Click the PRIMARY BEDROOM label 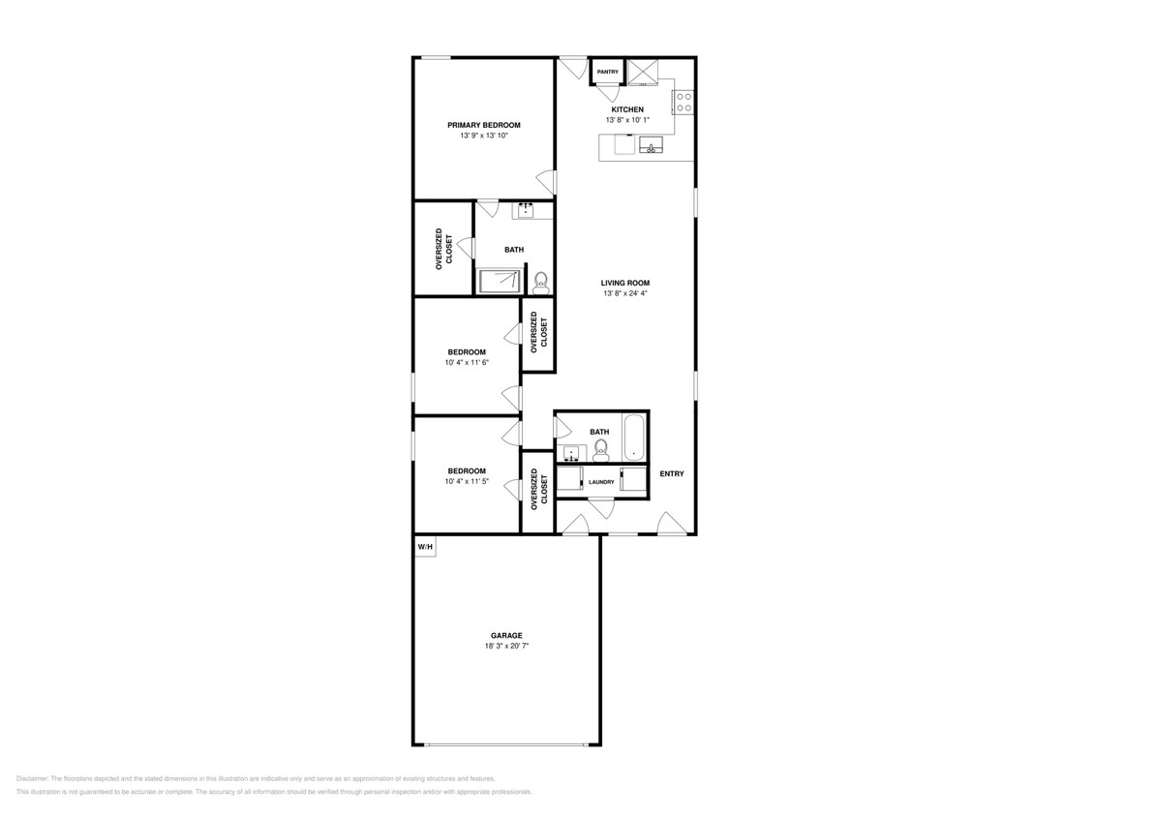483,125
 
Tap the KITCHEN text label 626,109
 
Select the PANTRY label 607,72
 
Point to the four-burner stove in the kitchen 684,102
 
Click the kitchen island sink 651,147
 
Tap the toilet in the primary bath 540,282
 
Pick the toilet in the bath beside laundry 601,448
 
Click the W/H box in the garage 425,548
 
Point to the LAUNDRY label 601,482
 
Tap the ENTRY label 672,473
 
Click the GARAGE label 506,635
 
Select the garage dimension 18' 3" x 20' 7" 506,646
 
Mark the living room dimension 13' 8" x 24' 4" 624,293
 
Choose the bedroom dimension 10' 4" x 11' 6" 467,363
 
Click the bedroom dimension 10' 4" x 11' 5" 467,481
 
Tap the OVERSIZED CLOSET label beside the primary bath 442,248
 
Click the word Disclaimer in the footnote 32,778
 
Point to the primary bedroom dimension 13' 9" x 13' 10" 483,136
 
